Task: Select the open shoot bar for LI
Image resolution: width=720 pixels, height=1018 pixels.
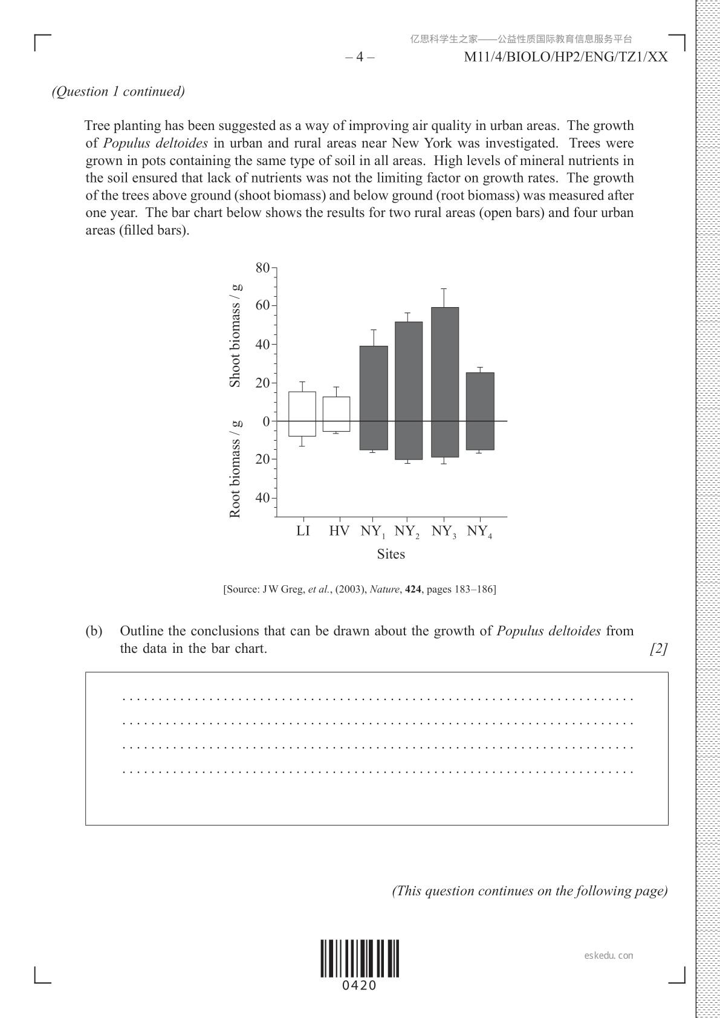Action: (302, 406)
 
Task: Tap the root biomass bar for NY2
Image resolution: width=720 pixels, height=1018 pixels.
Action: (409, 440)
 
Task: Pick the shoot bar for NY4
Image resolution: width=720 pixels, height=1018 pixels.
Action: (480, 397)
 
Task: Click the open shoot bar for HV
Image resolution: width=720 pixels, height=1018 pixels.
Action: (336, 409)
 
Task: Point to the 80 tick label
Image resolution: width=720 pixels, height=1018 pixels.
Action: (262, 268)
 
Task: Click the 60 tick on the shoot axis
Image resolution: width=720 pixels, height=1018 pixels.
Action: (262, 305)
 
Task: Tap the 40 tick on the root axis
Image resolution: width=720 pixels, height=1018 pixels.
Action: (262, 498)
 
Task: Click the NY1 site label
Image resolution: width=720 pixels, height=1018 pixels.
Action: (373, 532)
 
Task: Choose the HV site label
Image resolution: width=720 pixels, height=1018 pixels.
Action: (339, 531)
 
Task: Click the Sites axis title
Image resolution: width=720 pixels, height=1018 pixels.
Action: (391, 554)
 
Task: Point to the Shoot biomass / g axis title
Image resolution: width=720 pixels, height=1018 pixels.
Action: (235, 335)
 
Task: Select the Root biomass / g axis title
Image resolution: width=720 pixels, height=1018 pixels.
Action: (235, 469)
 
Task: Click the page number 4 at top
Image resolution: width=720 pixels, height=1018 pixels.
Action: (360, 57)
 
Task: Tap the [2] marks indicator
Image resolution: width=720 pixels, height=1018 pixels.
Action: (658, 649)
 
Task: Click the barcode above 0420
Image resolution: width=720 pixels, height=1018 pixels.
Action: (360, 959)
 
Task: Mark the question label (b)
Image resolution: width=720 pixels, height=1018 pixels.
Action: (94, 631)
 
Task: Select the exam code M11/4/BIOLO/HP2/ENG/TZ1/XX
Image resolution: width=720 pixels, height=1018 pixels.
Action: (566, 57)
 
